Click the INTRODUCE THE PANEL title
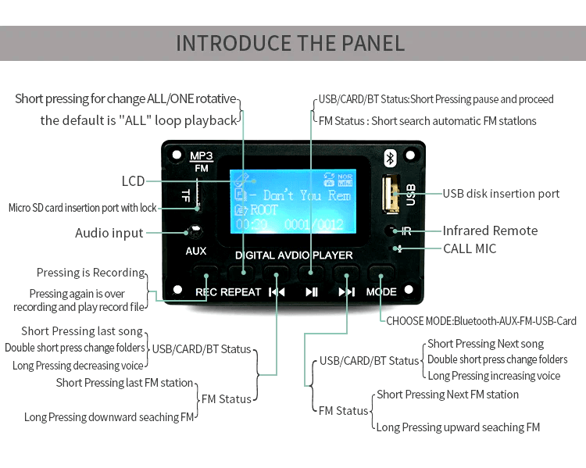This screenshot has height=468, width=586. point(291,42)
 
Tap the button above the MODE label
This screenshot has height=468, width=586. point(381,273)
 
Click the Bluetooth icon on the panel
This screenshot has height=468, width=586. point(391,158)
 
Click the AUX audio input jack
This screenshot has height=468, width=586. point(195,232)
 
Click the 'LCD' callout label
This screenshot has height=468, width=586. point(133,181)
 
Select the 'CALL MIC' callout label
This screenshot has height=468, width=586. point(469,248)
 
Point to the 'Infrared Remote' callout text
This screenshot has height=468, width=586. point(490,230)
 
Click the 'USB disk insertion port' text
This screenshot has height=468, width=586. point(501,194)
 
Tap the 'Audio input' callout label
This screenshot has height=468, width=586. point(109,233)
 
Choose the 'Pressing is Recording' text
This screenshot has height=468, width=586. point(91,273)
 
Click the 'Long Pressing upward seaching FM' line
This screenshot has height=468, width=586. point(458,427)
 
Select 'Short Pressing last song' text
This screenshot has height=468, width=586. point(82,331)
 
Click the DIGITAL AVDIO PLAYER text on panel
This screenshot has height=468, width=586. point(294,255)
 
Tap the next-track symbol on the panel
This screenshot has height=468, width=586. point(346,292)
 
